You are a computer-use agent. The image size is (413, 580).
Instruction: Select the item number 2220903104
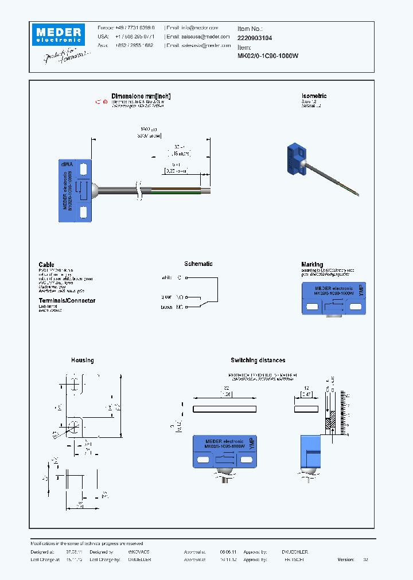coord(255,37)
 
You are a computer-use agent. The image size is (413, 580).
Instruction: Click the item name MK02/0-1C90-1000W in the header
coord(268,56)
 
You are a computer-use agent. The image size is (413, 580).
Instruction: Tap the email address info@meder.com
coord(200,28)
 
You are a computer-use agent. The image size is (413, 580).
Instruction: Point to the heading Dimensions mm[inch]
coord(141,96)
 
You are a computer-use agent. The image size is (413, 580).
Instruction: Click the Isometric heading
coord(314,96)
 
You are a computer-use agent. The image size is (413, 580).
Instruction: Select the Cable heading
coord(46,265)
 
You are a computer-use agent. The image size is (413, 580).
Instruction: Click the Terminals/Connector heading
coord(67,300)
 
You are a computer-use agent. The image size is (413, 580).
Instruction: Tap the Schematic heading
coord(198,264)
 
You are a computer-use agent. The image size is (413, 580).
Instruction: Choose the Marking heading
coord(312,265)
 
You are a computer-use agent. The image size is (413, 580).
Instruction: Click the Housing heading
coord(83,360)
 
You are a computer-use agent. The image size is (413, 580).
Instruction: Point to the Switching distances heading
coord(258,360)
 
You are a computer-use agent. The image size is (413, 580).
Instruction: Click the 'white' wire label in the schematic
coord(166,277)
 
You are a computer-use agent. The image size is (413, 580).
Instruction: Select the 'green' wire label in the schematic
coord(166,297)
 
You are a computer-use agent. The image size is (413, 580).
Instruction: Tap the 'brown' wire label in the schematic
coord(166,308)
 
